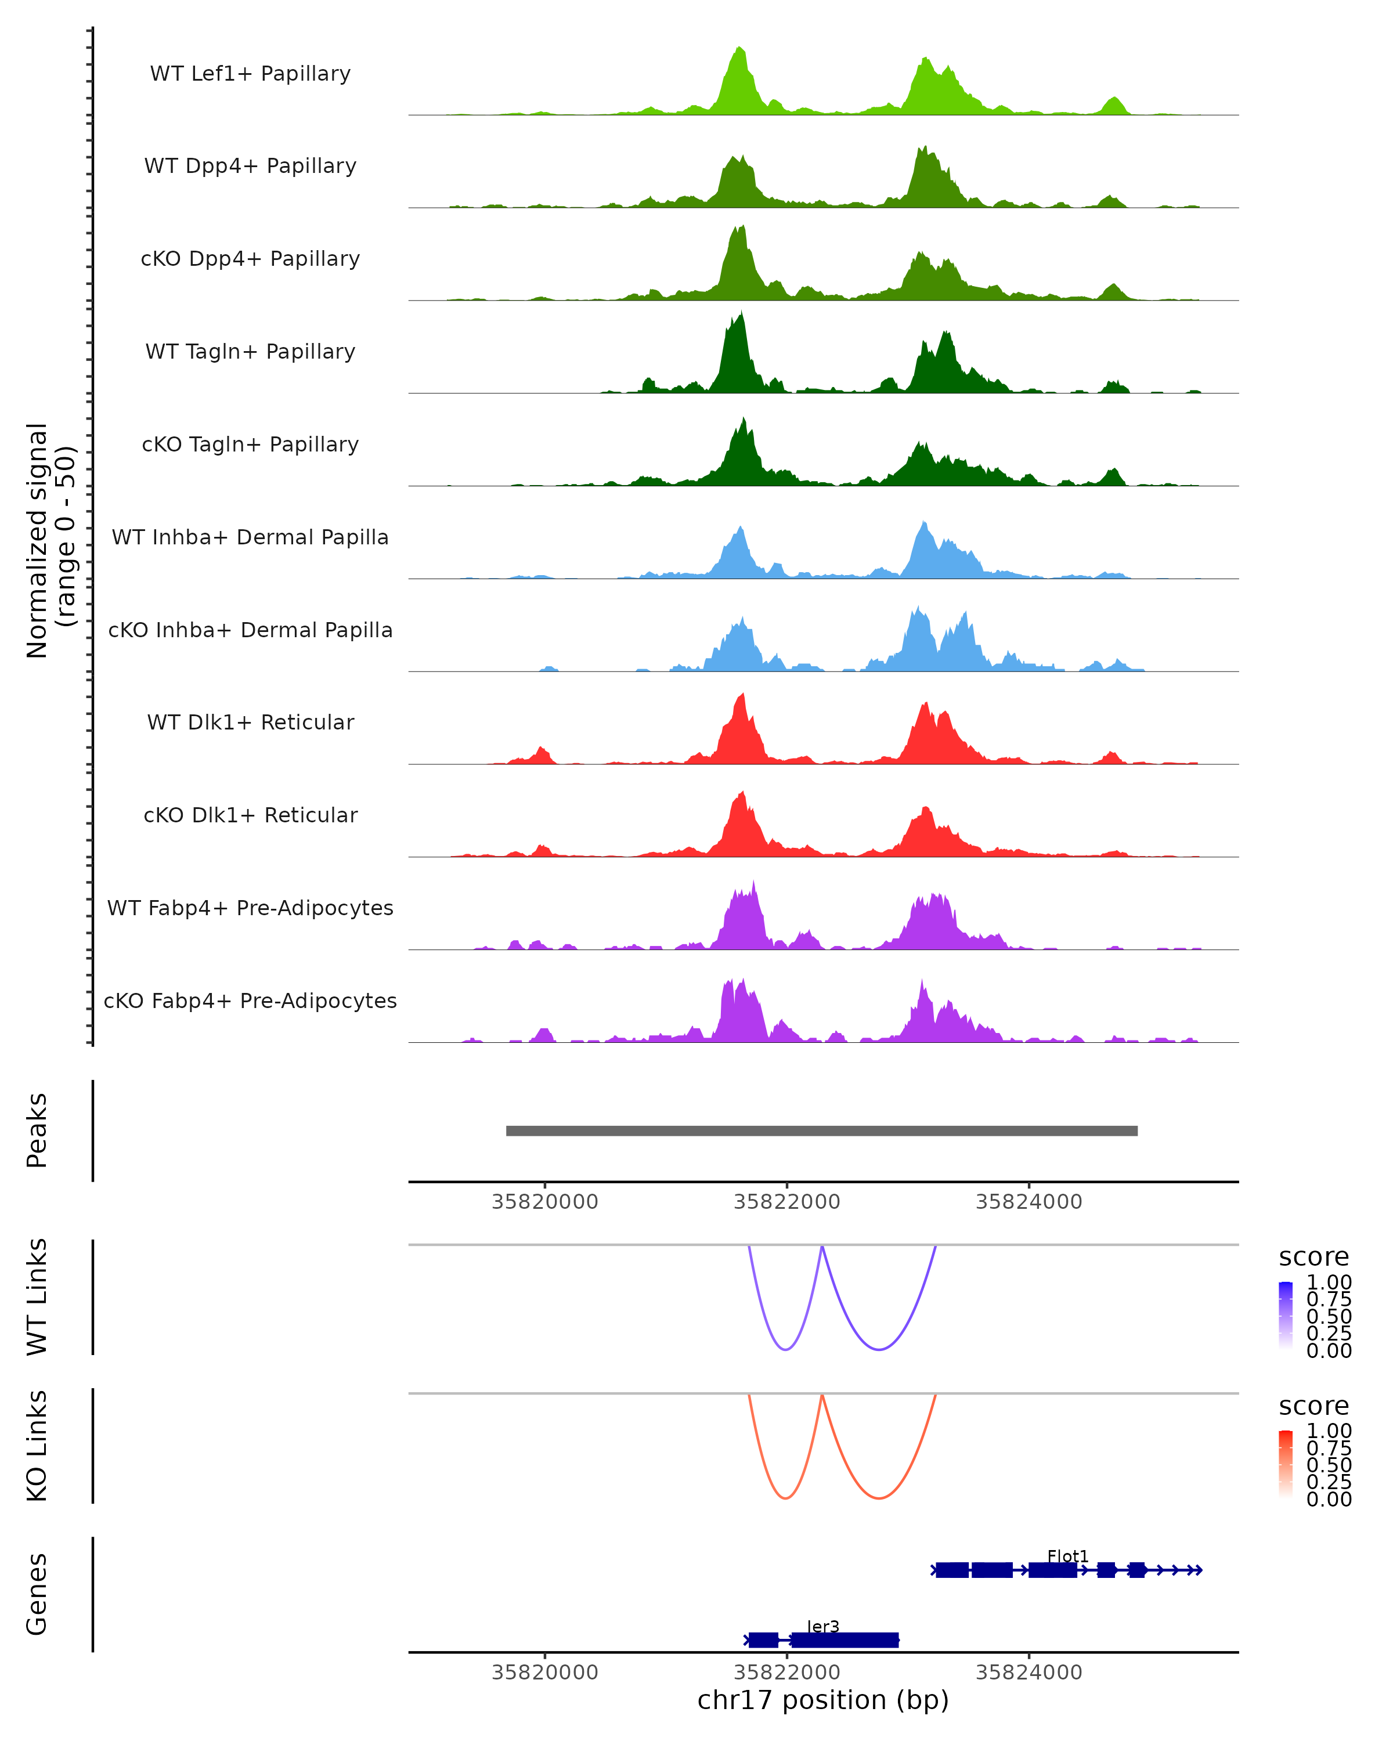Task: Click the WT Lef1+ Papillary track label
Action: tap(250, 74)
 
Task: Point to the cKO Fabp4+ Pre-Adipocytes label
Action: tap(250, 1000)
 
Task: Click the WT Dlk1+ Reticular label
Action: tap(250, 722)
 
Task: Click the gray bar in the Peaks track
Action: tap(821, 1130)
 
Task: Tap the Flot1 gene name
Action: tap(1067, 1556)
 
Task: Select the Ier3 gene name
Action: tap(823, 1626)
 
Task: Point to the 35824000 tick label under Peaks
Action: tap(1029, 1202)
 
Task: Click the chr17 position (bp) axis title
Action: tap(823, 1700)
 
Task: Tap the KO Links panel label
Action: tap(37, 1446)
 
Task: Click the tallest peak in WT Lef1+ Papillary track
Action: tap(739, 50)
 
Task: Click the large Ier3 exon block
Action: tap(845, 1640)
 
